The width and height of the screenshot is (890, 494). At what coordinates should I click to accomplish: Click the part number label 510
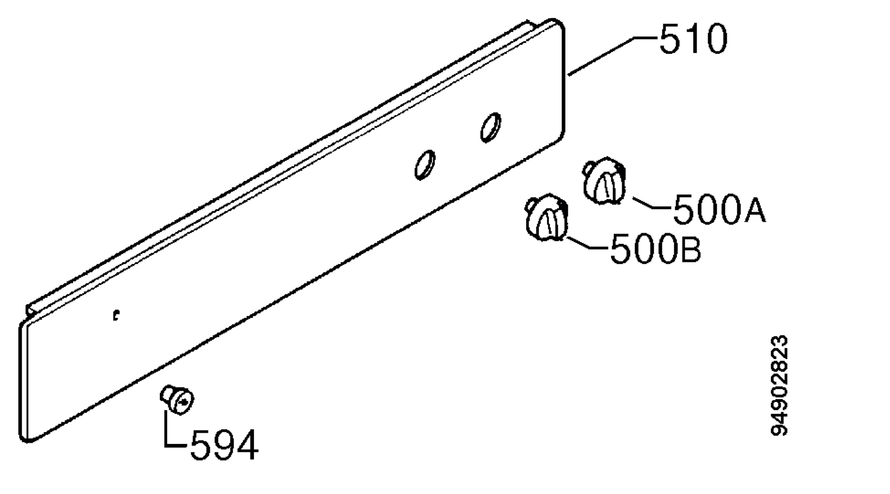point(693,39)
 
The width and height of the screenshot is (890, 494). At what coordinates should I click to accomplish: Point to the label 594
point(224,445)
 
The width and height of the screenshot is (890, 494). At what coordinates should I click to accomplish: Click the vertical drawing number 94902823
point(779,386)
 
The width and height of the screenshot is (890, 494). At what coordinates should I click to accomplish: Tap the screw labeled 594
point(177,399)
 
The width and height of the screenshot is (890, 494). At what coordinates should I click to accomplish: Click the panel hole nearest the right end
point(491,127)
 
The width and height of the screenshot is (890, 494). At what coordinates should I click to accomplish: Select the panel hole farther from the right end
point(425,165)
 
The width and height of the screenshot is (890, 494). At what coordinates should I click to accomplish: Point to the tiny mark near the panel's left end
point(116,315)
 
